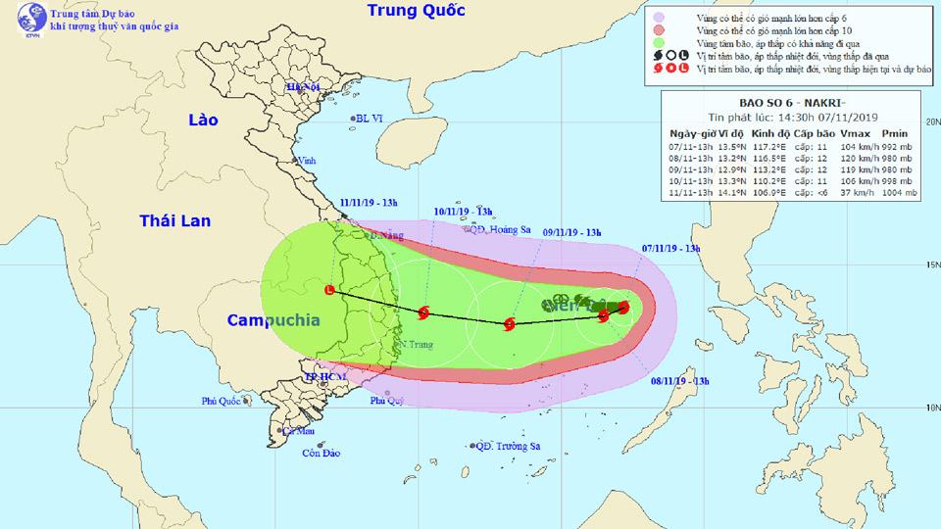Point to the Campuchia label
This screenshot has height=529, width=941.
click(x=273, y=320)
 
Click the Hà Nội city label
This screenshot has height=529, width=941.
click(x=303, y=87)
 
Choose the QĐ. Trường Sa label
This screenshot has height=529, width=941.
click(x=507, y=446)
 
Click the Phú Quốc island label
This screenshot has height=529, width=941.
click(x=222, y=400)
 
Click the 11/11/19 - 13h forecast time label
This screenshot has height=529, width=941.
click(x=369, y=203)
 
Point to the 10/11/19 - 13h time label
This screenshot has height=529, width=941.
click(x=461, y=211)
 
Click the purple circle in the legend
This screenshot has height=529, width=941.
click(x=674, y=18)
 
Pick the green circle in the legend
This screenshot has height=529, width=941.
click(x=674, y=44)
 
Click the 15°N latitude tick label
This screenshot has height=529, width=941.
click(x=931, y=264)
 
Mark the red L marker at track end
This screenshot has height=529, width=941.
click(x=329, y=289)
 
